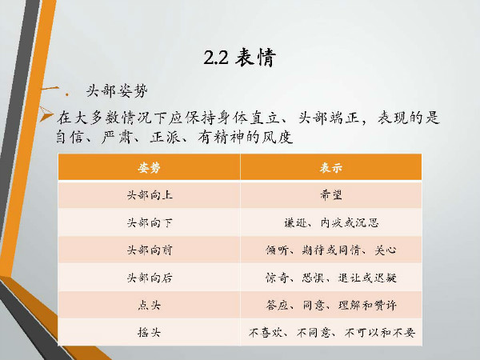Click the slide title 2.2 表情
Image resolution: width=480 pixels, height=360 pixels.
(x=240, y=57)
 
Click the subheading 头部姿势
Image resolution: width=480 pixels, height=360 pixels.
(x=117, y=91)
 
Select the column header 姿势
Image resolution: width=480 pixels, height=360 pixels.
(x=149, y=167)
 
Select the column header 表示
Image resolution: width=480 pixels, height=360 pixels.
(x=331, y=167)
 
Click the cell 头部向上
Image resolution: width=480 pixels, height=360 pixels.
(x=150, y=195)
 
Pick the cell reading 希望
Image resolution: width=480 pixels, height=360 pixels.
(x=331, y=194)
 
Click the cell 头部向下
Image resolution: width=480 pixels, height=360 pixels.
(x=150, y=222)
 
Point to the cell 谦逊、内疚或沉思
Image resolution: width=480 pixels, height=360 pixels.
(x=331, y=222)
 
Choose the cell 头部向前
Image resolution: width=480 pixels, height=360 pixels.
(x=150, y=250)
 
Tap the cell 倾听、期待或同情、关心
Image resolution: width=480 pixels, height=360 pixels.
(x=331, y=250)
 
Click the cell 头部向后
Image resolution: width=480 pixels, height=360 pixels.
(x=150, y=278)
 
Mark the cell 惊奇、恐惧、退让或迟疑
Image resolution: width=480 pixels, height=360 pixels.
(x=331, y=278)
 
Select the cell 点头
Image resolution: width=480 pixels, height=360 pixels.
(x=149, y=305)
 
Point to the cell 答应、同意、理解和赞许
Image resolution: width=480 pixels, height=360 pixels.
(x=331, y=305)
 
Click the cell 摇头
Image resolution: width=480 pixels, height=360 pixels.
(x=149, y=332)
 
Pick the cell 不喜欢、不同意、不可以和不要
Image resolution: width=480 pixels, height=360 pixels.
(x=332, y=333)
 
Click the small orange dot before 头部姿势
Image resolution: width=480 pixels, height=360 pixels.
(x=67, y=94)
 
